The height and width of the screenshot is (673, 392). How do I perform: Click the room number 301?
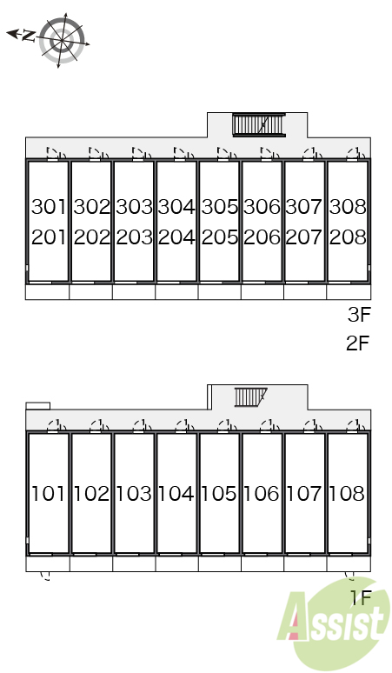coord(49,207)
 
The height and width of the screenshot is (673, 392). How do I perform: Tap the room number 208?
coord(348,237)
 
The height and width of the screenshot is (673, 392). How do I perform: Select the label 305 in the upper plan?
coord(220,207)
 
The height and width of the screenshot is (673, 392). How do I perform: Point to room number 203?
coord(134,237)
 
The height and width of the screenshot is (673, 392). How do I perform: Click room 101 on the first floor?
coord(48,494)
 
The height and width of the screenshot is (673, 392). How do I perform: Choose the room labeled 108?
coord(347,494)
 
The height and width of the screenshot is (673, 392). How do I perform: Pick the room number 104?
coord(176,494)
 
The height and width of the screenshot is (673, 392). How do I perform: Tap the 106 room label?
coord(262,494)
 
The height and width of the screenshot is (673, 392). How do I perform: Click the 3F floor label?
coord(359,315)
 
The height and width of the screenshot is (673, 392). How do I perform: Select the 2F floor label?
coord(358,343)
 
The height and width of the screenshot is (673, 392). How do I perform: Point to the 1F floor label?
coord(361,597)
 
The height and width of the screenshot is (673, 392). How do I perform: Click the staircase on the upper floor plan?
coord(259,125)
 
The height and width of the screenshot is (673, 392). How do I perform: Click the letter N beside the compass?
coord(29,36)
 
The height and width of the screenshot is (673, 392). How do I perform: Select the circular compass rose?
coord(63,40)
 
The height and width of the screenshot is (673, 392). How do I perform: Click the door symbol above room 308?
coord(356,153)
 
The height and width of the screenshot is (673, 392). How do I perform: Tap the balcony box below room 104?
coord(176,563)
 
